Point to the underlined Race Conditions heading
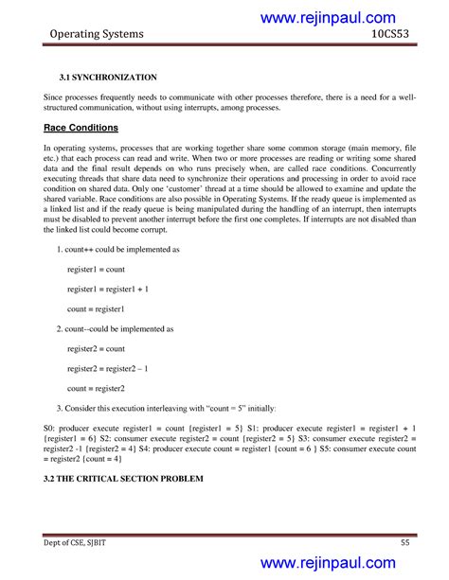(81, 127)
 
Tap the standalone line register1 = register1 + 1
(108, 289)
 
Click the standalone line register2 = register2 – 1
(108, 368)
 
